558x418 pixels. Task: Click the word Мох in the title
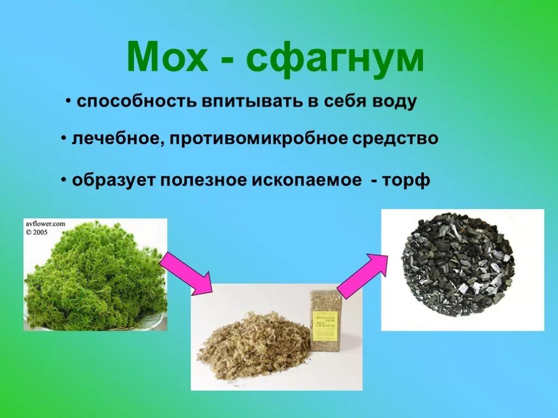coord(167,57)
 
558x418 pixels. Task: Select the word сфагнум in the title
coord(335,59)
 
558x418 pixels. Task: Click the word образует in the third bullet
coord(113,180)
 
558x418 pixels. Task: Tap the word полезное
coord(203,180)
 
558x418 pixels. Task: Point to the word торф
coord(408,181)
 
